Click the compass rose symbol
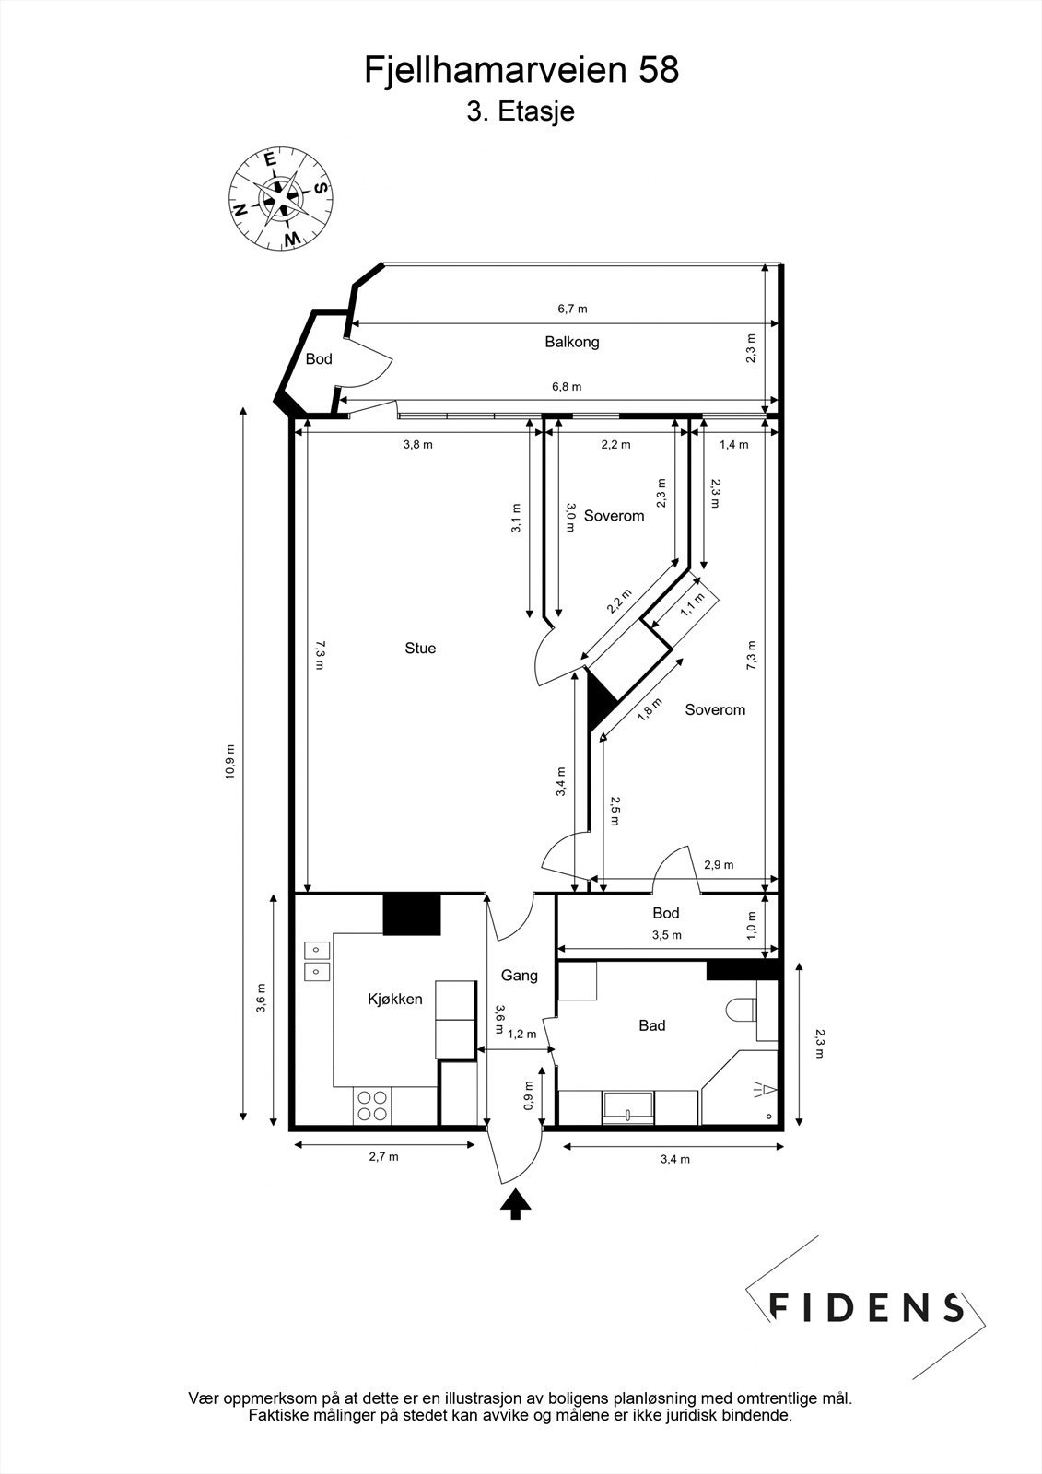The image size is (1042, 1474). [281, 199]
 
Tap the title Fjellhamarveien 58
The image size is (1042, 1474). [521, 70]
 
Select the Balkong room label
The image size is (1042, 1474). [571, 342]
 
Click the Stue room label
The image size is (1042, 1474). [420, 649]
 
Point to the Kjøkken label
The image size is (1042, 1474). [394, 999]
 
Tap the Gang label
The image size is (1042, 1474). [519, 976]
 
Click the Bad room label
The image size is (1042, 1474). [651, 1025]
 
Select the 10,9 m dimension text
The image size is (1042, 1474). [230, 762]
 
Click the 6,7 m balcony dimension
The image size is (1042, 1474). [571, 309]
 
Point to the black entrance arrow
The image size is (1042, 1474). [515, 1203]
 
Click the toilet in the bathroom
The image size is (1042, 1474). [740, 1012]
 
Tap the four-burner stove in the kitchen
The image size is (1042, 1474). [371, 1105]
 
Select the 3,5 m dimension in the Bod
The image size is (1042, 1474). [666, 935]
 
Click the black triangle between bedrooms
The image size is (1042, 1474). [599, 699]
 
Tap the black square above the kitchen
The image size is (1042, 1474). [412, 914]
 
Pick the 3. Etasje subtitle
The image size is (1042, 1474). [521, 112]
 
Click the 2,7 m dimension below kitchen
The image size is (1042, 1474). [384, 1157]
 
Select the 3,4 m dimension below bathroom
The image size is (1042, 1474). [674, 1159]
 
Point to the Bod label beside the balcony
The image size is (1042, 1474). [319, 359]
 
